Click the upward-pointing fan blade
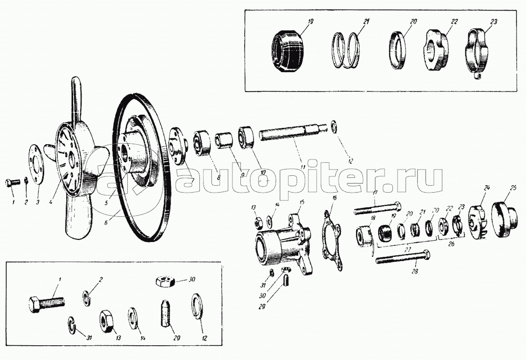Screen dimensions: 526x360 coord(77,100)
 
